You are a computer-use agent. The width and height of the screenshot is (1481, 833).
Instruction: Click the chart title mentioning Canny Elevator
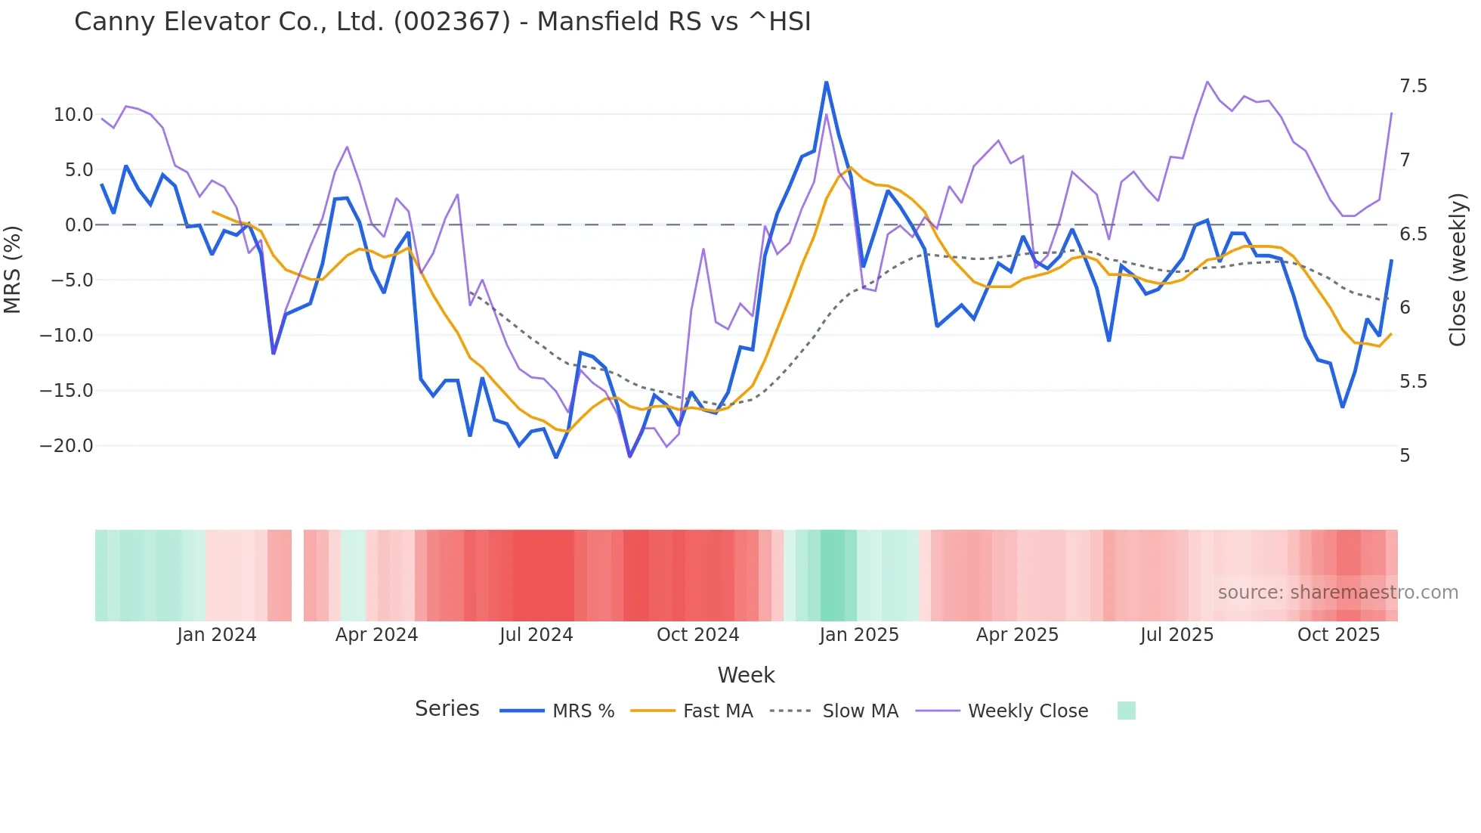tap(442, 22)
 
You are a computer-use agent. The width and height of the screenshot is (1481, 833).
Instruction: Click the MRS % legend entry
tap(583, 711)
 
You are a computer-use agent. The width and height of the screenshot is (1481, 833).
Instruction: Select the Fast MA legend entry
tap(717, 711)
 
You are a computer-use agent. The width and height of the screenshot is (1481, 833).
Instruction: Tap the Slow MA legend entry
tap(860, 711)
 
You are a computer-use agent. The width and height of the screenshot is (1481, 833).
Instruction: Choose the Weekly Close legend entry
tap(1028, 711)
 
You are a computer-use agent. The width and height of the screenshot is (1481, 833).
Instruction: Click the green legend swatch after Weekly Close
tap(1126, 711)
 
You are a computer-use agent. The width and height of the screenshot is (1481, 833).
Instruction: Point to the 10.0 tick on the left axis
tap(73, 115)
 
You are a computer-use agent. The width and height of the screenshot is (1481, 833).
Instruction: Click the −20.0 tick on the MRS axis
tap(66, 446)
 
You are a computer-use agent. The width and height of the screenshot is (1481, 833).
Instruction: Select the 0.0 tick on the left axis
tap(79, 225)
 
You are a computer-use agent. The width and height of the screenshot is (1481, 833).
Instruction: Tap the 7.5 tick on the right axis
tap(1413, 86)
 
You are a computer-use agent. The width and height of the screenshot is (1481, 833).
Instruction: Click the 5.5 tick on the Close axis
tap(1413, 382)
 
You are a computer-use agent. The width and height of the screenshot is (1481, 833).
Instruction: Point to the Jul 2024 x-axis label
tap(536, 635)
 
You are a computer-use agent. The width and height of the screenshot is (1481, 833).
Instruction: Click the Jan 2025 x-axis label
tap(859, 635)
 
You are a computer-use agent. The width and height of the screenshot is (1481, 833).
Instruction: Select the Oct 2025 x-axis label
tap(1338, 635)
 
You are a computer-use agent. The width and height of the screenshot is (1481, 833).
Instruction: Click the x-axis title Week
tap(746, 675)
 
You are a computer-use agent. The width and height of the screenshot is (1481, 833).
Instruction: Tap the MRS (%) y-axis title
tap(13, 269)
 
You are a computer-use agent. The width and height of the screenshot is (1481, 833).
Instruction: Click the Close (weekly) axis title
tap(1458, 269)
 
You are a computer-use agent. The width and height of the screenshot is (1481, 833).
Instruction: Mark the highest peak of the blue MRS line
tap(826, 82)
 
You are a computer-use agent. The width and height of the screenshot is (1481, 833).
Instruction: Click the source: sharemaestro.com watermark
tap(1337, 593)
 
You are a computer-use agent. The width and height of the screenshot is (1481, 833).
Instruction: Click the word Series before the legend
tap(447, 709)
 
